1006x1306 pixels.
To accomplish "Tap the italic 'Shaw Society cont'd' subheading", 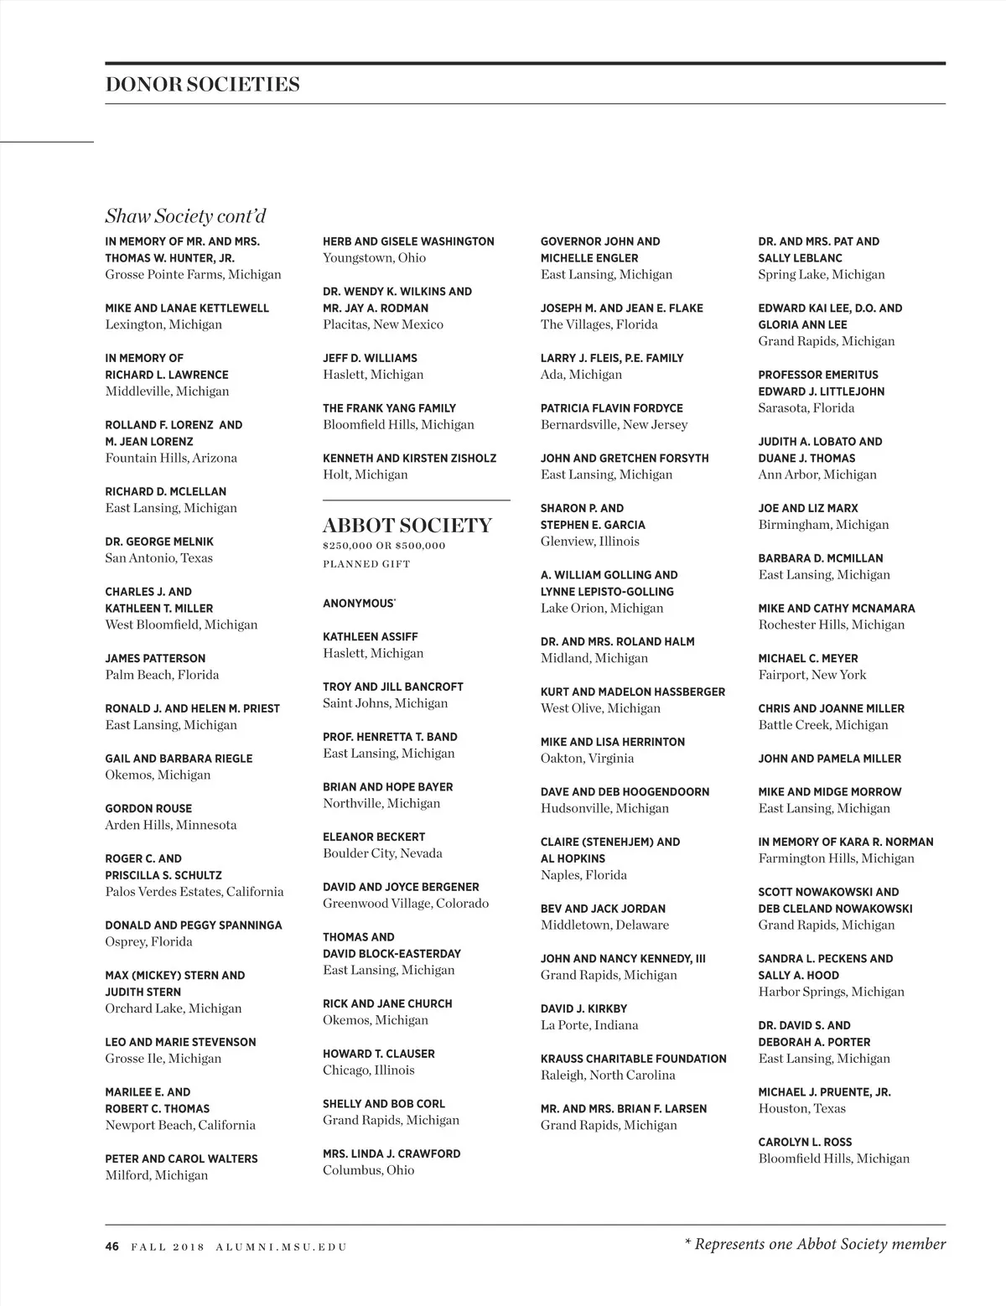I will [x=185, y=216].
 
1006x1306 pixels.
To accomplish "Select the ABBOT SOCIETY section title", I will [x=407, y=526].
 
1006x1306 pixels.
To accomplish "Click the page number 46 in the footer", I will [x=112, y=1246].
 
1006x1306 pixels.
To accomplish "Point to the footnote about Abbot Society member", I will [x=815, y=1245].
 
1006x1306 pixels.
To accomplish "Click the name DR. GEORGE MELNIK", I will [x=159, y=542].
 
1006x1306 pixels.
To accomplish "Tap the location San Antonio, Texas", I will [x=158, y=558].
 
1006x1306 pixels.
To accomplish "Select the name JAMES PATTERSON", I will [x=155, y=659].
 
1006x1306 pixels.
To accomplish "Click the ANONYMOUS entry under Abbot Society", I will [x=359, y=604].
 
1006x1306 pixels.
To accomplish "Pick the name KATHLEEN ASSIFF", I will [x=370, y=637].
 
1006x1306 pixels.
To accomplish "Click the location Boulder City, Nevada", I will [x=382, y=853].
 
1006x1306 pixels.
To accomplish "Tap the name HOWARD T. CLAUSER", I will [x=378, y=1054].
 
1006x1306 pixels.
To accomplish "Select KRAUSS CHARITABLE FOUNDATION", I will [x=633, y=1059].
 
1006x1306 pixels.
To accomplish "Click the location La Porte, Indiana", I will [x=589, y=1025].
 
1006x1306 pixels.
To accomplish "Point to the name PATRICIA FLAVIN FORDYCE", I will [x=611, y=408].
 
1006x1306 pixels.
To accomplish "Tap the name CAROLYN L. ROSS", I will [x=805, y=1143].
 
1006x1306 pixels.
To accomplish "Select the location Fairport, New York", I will [x=812, y=675].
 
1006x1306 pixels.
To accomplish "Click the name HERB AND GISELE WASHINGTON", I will [x=408, y=241].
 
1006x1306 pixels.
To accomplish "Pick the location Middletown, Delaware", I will [x=604, y=925].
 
